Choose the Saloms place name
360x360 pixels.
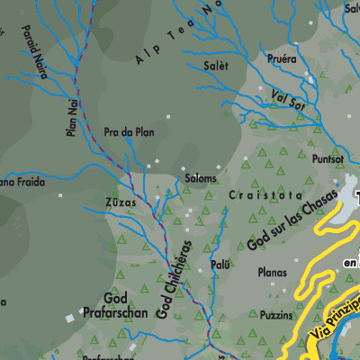tap(200, 178)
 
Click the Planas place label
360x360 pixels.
tap(271, 273)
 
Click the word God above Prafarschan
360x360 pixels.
tap(115, 297)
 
